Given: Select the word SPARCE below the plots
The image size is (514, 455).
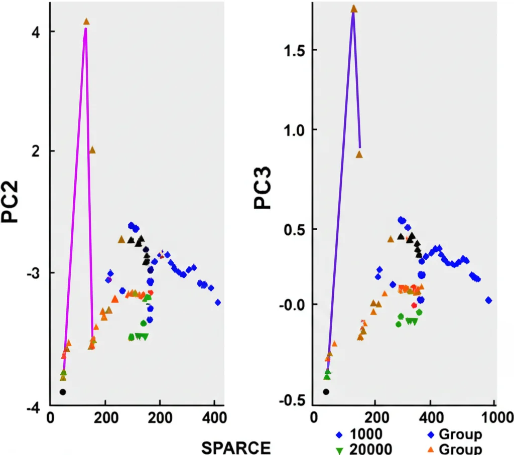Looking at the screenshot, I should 235,446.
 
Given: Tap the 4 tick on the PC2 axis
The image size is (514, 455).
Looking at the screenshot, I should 37,32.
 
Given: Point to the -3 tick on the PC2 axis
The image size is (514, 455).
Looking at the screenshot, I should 34,272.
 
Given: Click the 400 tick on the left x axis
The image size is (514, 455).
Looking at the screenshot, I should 214,417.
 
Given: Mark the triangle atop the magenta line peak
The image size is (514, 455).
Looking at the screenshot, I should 86,22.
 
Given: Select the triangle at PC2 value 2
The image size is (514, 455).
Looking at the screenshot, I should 92,150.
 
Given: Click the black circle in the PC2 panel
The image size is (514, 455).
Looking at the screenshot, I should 63,392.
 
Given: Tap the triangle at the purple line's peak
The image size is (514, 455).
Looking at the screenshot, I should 353,9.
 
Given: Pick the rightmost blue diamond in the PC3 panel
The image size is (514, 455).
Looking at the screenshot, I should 488,300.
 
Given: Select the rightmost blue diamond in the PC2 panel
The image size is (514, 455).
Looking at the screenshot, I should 218,302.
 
